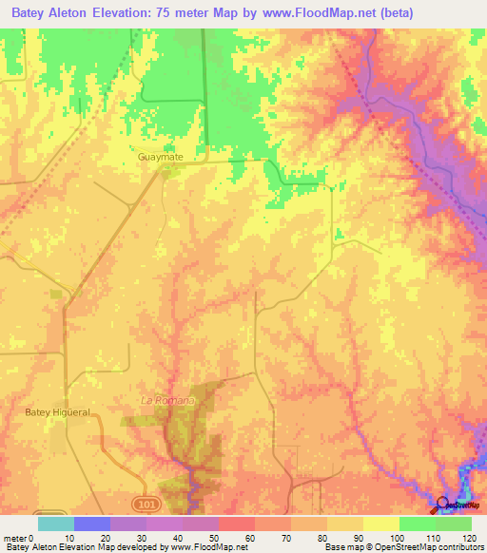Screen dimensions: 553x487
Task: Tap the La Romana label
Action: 167,400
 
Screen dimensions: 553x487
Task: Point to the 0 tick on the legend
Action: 38,537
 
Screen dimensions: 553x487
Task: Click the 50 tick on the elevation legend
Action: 219,537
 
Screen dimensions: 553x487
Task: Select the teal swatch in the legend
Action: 56,524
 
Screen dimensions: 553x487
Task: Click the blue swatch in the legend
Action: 92,524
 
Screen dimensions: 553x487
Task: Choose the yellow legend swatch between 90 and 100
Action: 380,524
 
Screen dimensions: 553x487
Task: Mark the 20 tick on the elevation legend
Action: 110,537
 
